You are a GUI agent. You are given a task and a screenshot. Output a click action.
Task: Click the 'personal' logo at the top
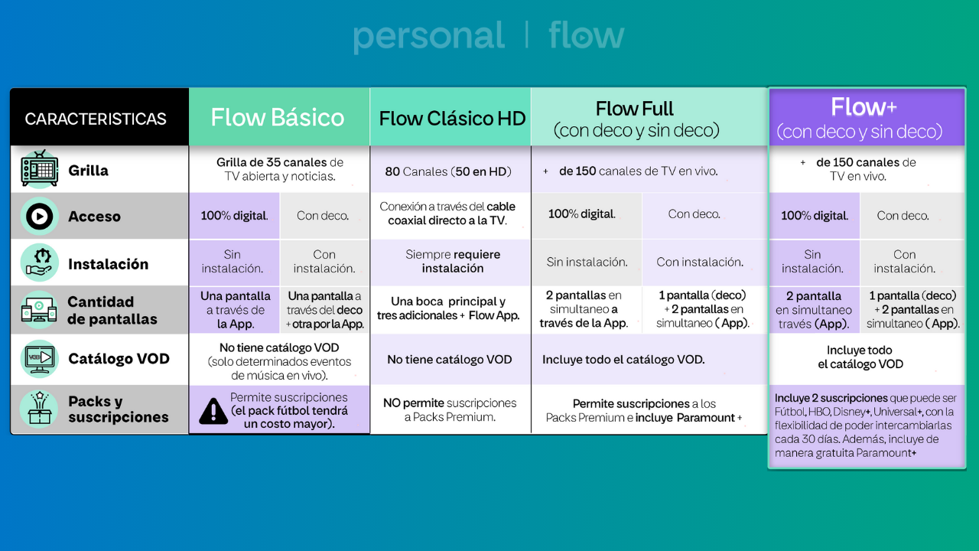point(428,37)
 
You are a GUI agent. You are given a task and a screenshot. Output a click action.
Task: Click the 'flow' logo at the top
point(587,35)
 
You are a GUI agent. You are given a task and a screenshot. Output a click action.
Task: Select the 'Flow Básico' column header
point(278,117)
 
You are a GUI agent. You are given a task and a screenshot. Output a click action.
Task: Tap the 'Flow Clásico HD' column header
point(452,119)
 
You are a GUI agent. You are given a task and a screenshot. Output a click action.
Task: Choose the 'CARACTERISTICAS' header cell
point(96,119)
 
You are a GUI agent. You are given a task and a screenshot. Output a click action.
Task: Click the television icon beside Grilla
point(39,170)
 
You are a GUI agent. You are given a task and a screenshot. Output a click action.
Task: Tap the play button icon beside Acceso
point(40,217)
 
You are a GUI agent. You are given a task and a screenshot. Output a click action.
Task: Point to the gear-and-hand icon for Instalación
point(40,263)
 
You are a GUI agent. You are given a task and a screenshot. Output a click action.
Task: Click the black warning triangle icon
point(213,411)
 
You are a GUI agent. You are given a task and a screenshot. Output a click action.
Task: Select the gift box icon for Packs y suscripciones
point(40,409)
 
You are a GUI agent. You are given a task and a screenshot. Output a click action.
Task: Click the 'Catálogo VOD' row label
point(119,359)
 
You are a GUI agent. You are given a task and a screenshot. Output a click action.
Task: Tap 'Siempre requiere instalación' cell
point(453,262)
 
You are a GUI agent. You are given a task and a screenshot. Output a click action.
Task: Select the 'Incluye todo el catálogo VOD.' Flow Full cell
point(623,359)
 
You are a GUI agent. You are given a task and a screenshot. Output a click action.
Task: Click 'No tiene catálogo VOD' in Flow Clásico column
point(450,359)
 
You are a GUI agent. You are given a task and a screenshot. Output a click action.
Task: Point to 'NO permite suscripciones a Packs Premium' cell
point(450,410)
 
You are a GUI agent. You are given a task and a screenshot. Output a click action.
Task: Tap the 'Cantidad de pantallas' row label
point(112,311)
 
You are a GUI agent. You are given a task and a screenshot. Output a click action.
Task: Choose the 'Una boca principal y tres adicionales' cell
point(448,308)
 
